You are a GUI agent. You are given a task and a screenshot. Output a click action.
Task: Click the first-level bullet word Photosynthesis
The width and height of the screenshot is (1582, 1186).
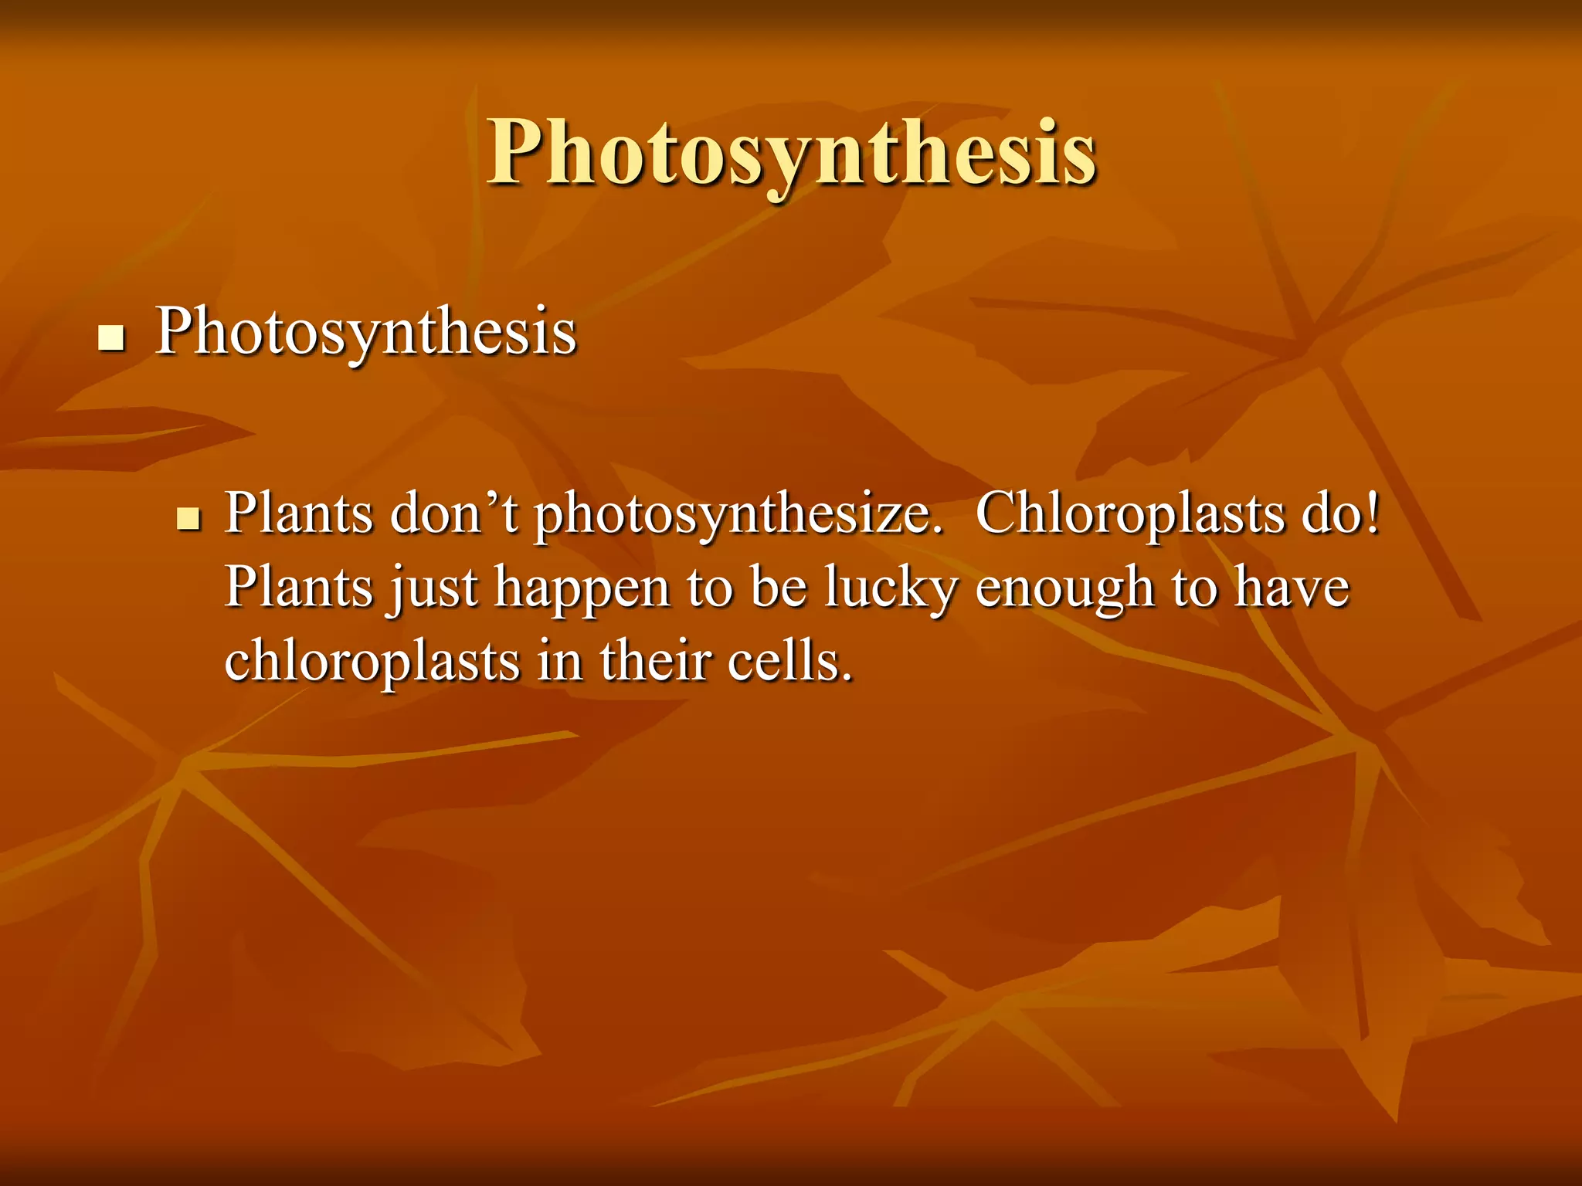pos(365,333)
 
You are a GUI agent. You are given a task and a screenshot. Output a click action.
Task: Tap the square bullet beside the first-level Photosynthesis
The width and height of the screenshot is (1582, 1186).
pos(112,338)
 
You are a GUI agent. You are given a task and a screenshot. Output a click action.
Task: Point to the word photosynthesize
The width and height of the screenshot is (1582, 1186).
pos(738,516)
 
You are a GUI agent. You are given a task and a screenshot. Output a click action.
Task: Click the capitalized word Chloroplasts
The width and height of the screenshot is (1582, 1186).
pos(1129,513)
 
